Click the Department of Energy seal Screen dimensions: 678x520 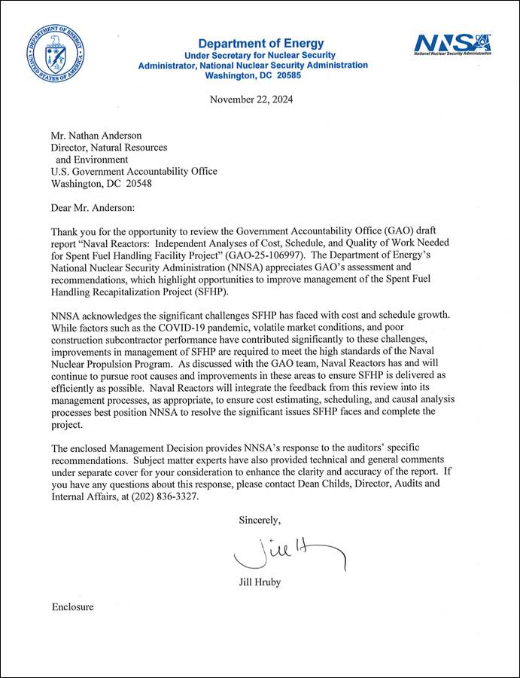coord(55,55)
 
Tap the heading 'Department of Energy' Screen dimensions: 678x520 coord(260,44)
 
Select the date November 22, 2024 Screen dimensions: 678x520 coord(251,99)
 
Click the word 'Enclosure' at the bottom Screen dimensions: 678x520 coord(73,606)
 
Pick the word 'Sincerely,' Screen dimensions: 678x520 coord(260,520)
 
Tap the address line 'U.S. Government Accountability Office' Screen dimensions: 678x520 coord(133,171)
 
